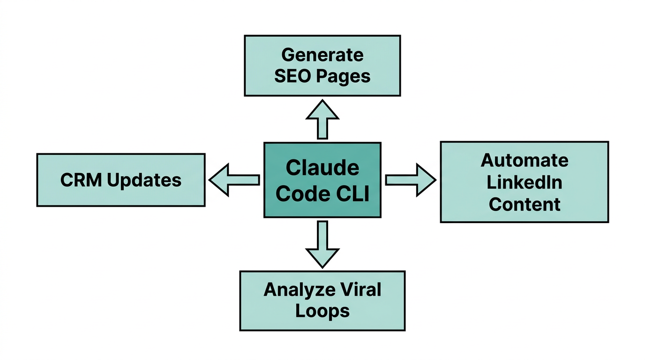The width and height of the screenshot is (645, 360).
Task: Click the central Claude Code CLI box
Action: tap(322, 180)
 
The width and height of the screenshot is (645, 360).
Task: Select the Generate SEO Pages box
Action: tap(322, 66)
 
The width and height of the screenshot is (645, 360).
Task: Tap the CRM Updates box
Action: tap(121, 180)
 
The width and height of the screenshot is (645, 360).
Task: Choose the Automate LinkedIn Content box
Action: tap(524, 182)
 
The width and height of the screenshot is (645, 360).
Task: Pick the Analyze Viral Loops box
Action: tap(322, 300)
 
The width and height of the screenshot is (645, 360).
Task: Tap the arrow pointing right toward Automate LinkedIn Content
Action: tap(411, 180)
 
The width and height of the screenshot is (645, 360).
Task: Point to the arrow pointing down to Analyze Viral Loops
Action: tap(322, 244)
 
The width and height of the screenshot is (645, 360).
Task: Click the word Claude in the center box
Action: tap(322, 168)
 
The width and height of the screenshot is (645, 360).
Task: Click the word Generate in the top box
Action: tap(322, 55)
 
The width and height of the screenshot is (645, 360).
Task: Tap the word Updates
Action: tap(144, 180)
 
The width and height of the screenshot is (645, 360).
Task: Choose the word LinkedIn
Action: tap(524, 182)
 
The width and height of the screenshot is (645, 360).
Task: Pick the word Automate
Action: tap(524, 161)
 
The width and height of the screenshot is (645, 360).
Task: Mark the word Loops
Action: tap(322, 311)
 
